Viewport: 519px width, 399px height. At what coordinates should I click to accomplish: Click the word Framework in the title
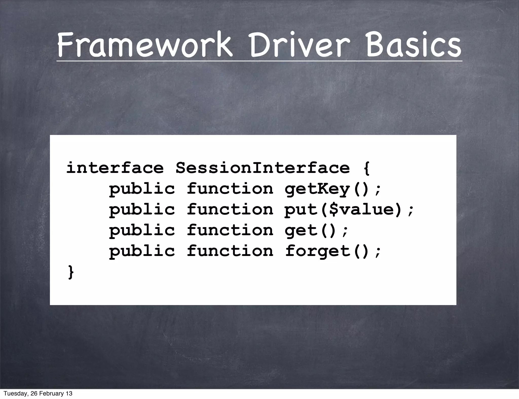point(144,45)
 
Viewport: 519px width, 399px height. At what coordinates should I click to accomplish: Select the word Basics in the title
point(413,45)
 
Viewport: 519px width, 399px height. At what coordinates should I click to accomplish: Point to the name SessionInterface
point(263,168)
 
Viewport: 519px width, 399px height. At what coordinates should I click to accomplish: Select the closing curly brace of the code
point(71,272)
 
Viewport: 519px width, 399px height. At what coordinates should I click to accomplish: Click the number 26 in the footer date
point(34,393)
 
